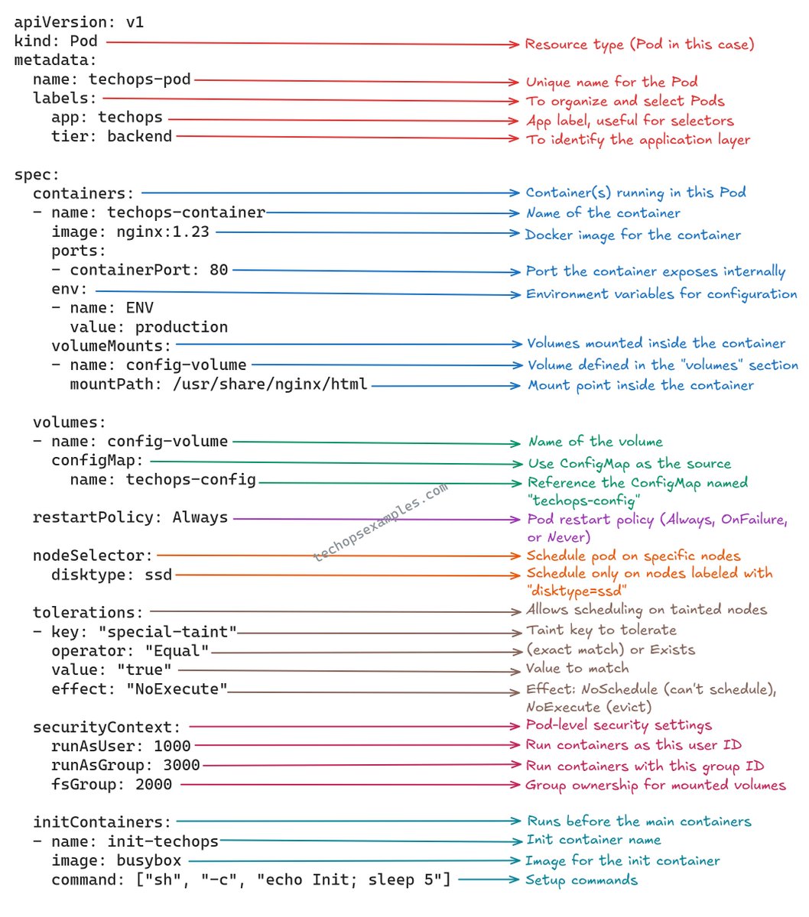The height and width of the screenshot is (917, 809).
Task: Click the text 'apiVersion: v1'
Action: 79,22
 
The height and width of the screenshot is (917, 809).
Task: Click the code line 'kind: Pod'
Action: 56,41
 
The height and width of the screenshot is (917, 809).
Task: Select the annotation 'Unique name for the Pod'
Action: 611,82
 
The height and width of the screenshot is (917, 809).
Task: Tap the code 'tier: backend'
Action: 112,136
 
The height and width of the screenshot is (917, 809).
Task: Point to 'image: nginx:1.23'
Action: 130,232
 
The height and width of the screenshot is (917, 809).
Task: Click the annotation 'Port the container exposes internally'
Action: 655,271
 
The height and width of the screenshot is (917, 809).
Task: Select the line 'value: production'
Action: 148,327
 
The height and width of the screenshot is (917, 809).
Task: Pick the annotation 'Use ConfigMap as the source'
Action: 629,463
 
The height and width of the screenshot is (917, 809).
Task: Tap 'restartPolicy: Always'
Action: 130,517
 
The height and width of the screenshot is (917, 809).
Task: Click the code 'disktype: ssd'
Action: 112,574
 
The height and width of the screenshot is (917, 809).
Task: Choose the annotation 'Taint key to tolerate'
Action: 601,630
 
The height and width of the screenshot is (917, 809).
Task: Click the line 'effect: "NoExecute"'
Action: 139,689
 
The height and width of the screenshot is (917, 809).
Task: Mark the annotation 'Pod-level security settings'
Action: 619,725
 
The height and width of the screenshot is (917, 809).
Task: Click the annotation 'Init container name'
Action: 594,840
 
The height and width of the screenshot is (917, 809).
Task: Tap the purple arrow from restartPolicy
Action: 375,519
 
